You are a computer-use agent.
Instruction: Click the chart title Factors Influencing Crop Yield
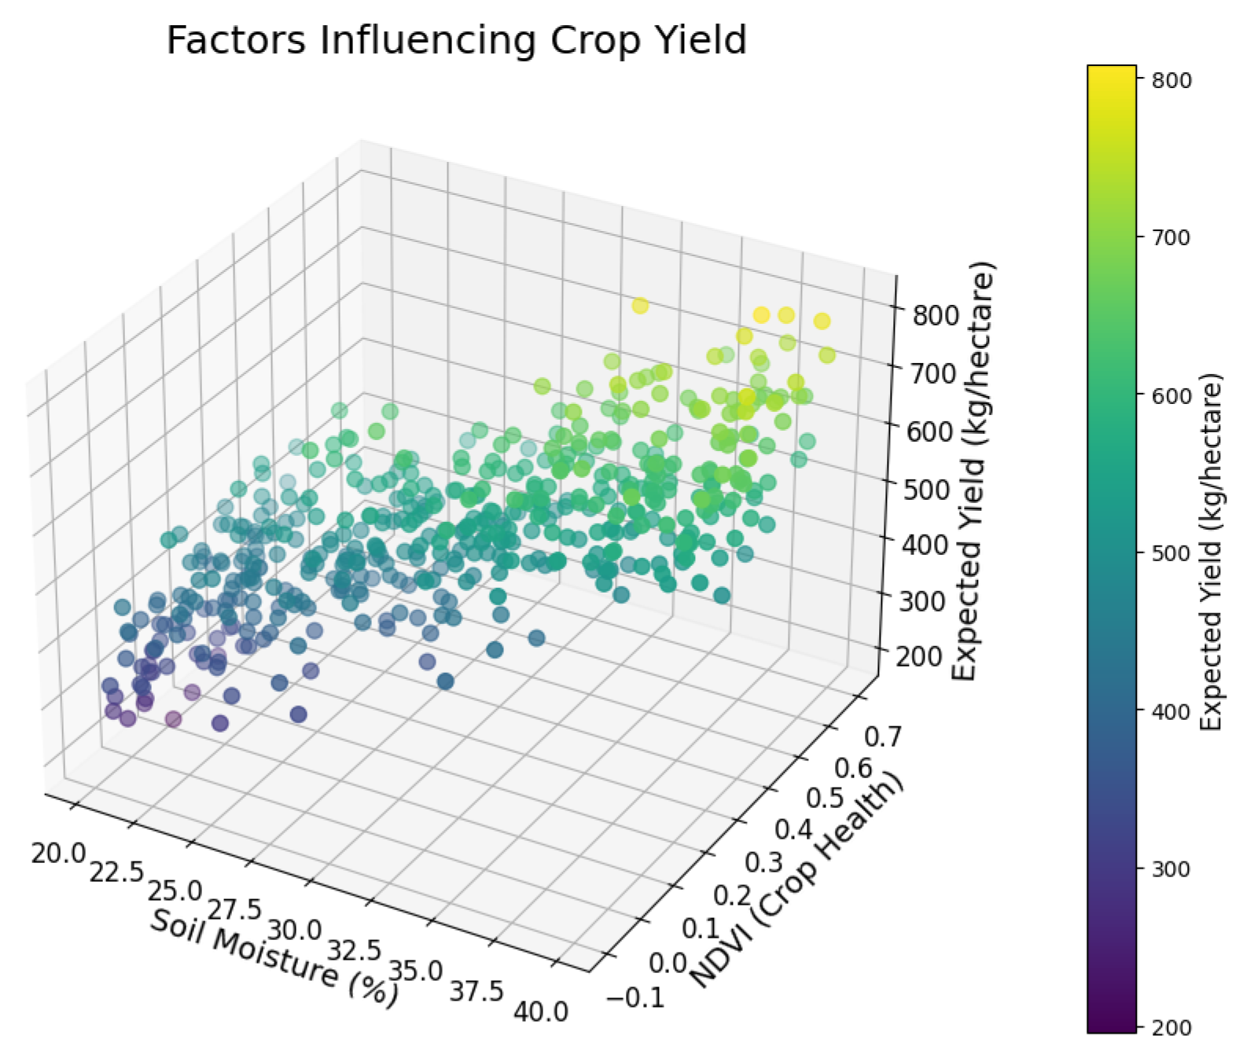[456, 41]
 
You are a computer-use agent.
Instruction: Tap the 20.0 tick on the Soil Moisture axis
[57, 852]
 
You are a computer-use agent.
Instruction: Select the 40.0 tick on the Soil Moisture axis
[540, 1012]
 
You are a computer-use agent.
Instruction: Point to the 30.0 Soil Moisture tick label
[294, 931]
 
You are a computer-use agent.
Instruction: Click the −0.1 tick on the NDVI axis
[635, 997]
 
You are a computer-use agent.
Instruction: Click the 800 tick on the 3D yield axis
[936, 314]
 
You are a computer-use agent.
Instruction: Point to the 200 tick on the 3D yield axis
[918, 657]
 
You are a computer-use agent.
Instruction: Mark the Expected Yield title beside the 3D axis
[973, 472]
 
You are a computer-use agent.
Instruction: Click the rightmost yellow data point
[826, 355]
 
